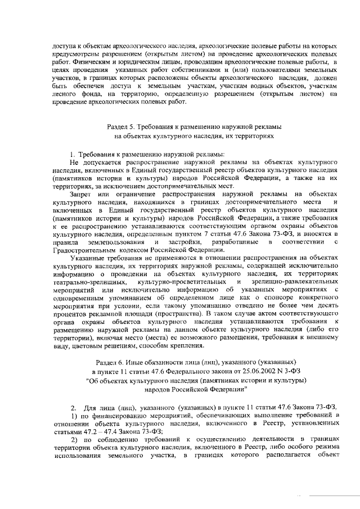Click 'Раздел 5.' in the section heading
pyautogui.click(x=121, y=127)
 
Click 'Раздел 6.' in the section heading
pyautogui.click(x=111, y=363)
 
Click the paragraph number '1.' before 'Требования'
pyautogui.click(x=73, y=154)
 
